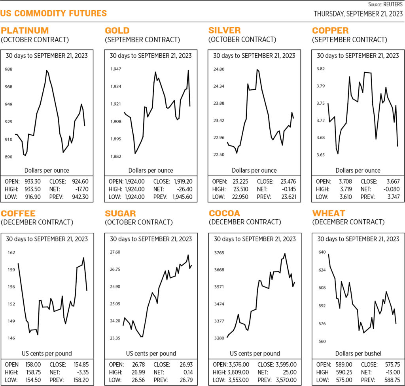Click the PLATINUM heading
[25, 30]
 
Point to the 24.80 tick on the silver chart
[219, 70]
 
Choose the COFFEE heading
[18, 213]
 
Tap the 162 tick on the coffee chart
[11, 252]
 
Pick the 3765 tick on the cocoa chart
[219, 252]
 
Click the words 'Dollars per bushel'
[358, 354]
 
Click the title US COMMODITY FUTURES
[54, 14]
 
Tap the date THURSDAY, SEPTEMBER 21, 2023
[359, 14]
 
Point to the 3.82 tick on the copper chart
[321, 69]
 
